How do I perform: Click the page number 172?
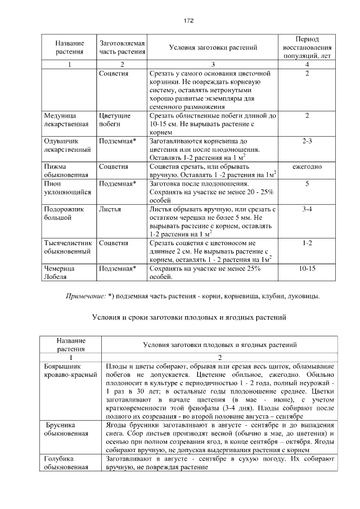click(x=188, y=21)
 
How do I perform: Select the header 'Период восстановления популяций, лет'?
click(x=307, y=47)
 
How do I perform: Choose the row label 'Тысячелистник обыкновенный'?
click(x=67, y=247)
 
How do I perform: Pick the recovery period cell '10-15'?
click(x=307, y=268)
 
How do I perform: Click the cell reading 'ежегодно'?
click(x=307, y=167)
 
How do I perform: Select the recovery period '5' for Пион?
click(x=307, y=184)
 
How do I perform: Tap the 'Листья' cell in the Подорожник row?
click(x=110, y=209)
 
